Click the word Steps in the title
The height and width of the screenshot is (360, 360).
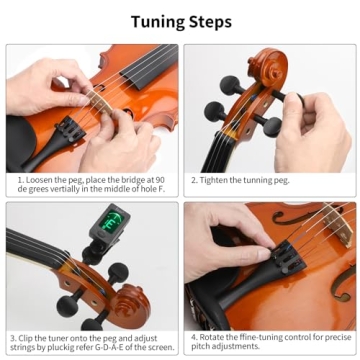[x=209, y=20]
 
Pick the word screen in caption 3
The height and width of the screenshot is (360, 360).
[x=158, y=347]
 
